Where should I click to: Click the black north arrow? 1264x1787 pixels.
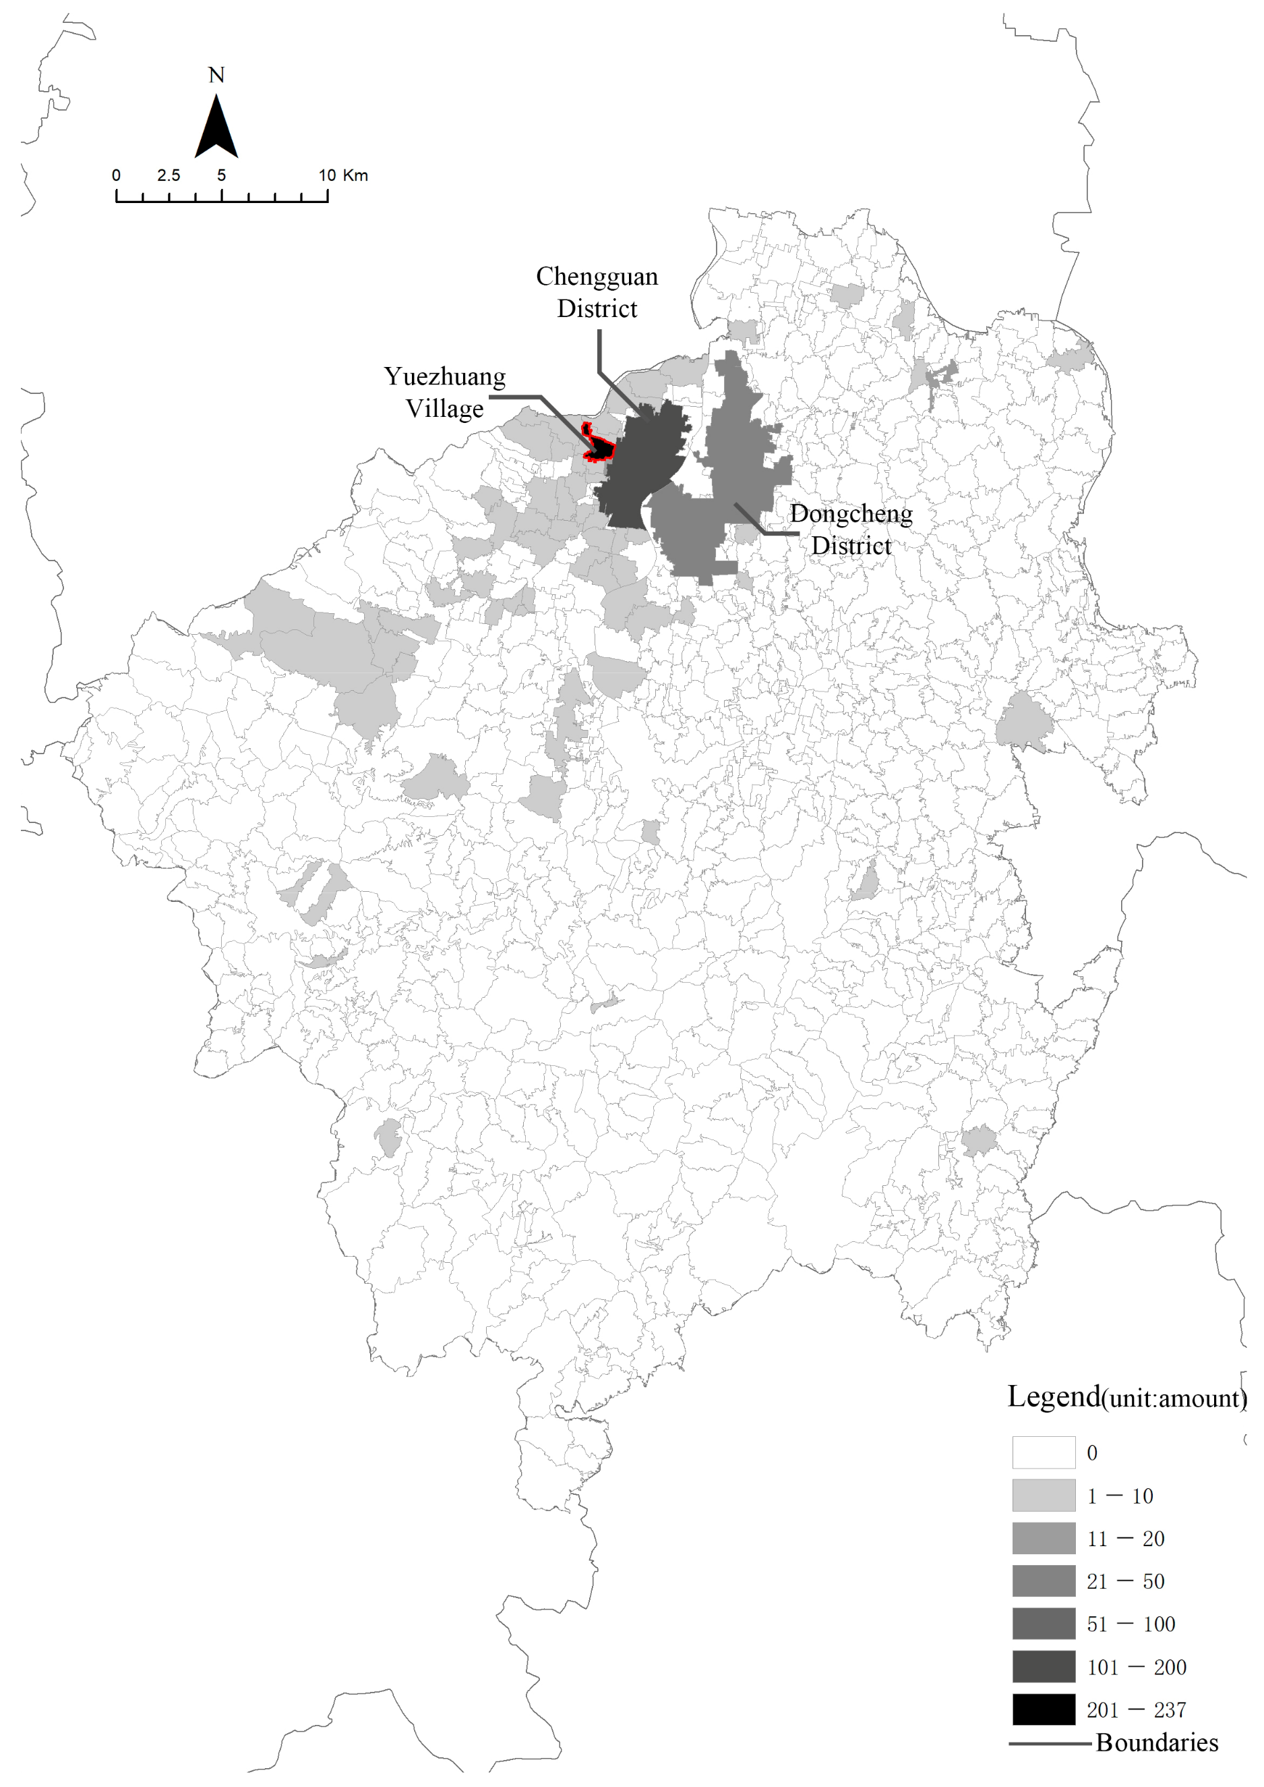[x=216, y=128]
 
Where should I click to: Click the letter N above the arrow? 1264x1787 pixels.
[x=216, y=76]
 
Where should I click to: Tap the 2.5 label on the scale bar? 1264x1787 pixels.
[x=168, y=175]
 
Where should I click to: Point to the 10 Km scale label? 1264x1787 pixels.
[x=342, y=175]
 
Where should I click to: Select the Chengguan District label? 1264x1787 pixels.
[x=597, y=293]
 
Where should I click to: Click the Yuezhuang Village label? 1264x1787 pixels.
[x=444, y=393]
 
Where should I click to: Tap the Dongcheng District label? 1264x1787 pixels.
[x=851, y=530]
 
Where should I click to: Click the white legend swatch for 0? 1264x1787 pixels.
[x=1043, y=1452]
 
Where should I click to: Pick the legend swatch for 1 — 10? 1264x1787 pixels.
[x=1043, y=1495]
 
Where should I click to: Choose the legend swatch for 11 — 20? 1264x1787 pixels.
[x=1043, y=1538]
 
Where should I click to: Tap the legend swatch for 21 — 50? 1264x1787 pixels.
[x=1043, y=1581]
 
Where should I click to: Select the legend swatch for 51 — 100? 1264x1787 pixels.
[x=1043, y=1624]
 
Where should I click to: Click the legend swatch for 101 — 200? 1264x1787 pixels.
[x=1043, y=1666]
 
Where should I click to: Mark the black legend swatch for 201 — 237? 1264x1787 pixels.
[x=1043, y=1709]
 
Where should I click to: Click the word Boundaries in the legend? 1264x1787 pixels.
[x=1157, y=1742]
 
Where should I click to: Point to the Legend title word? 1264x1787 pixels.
[x=1054, y=1397]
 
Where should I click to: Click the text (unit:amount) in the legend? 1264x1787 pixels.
[x=1174, y=1399]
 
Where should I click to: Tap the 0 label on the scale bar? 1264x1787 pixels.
[x=116, y=175]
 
